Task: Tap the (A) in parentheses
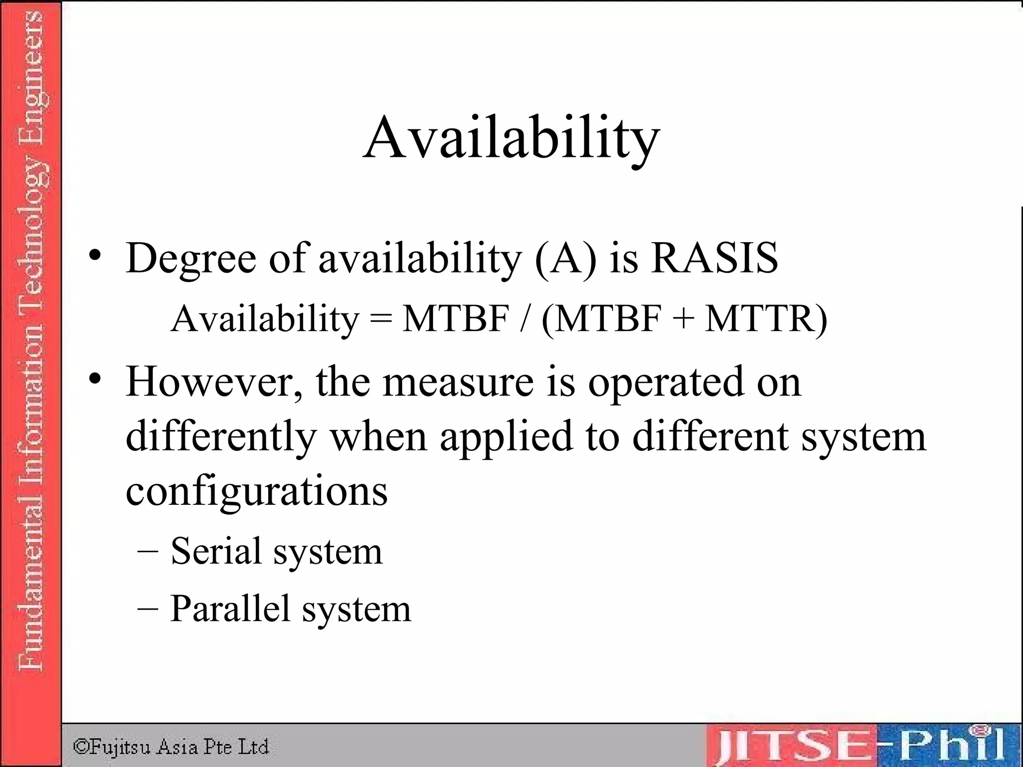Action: pos(565,259)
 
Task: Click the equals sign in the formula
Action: pos(381,318)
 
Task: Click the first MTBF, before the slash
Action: pos(456,318)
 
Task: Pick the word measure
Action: pos(458,382)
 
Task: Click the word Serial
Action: pos(216,551)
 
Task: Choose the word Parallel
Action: pos(230,608)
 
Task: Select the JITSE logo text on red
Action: pos(794,747)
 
